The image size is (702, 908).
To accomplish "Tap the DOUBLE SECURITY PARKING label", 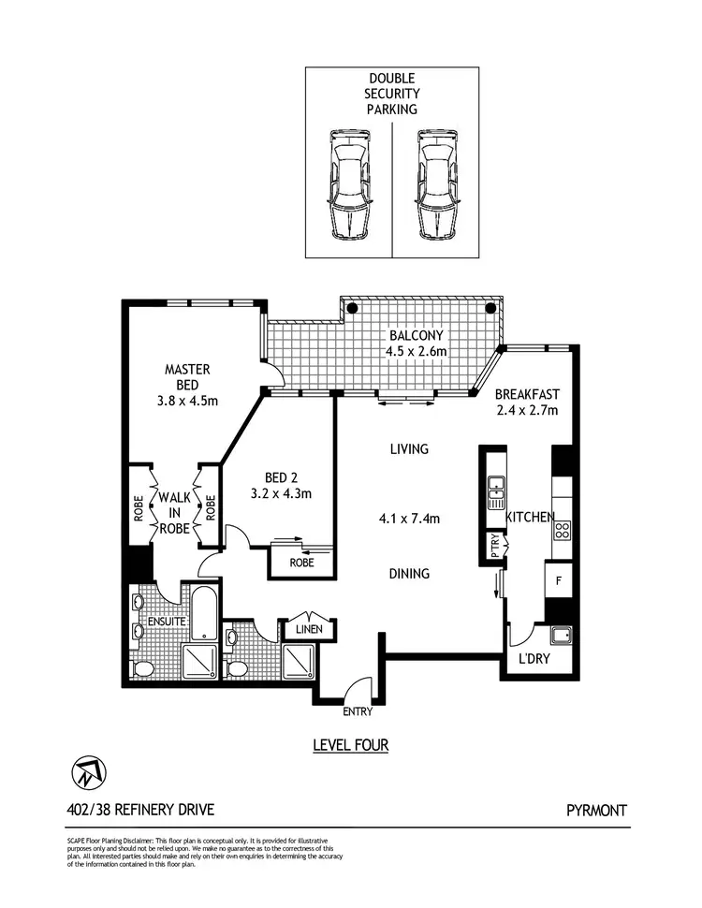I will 393,95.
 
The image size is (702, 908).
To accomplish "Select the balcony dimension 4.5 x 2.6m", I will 417,352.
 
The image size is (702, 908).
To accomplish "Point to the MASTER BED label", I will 187,377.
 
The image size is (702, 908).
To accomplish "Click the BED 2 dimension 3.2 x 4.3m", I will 280,493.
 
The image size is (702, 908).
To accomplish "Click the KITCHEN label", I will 530,517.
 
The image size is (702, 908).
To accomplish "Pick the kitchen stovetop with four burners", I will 563,530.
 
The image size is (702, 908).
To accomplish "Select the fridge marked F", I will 559,580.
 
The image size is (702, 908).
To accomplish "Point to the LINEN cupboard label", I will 309,629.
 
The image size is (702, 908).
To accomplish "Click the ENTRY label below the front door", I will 357,712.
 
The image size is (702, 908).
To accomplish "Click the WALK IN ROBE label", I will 174,513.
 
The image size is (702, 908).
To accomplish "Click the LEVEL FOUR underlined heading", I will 350,746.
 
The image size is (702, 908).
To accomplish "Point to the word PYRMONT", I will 596,811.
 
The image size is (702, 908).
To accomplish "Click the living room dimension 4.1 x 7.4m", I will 408,518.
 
